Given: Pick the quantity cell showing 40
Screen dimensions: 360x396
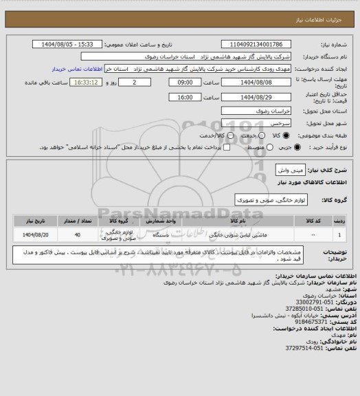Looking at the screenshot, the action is tap(76, 236).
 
